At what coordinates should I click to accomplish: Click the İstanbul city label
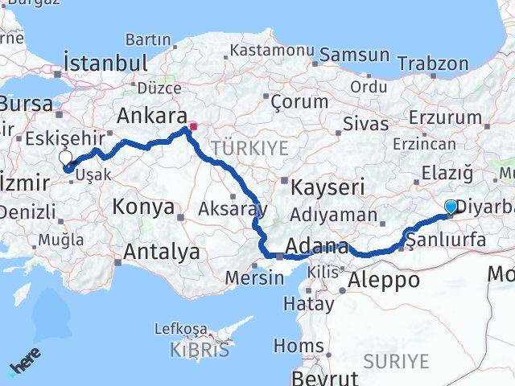[x=105, y=64]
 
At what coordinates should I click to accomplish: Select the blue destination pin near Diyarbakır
[x=451, y=207]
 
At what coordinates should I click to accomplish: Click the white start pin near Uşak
[x=65, y=159]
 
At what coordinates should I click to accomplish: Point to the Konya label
[x=143, y=207]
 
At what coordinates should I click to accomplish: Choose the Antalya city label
[x=160, y=253]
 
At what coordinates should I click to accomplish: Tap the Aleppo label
[x=384, y=280]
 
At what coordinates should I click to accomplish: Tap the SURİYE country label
[x=396, y=362]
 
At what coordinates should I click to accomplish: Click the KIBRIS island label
[x=200, y=350]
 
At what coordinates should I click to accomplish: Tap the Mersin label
[x=254, y=278]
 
